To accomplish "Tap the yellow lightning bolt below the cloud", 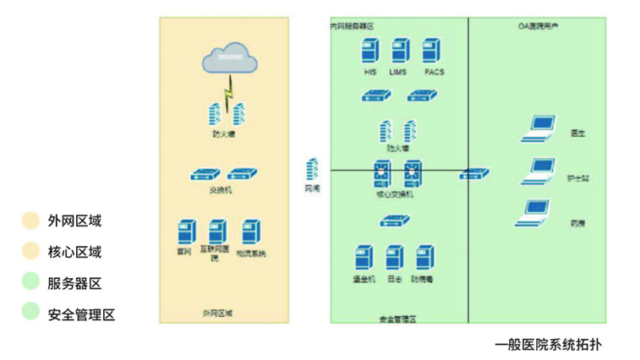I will [227, 87].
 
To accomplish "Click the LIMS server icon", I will [398, 52].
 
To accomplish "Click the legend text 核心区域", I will [74, 252].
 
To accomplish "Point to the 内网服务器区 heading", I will [352, 26].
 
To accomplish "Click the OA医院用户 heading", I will [538, 26].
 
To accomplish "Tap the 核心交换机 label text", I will [394, 194].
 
